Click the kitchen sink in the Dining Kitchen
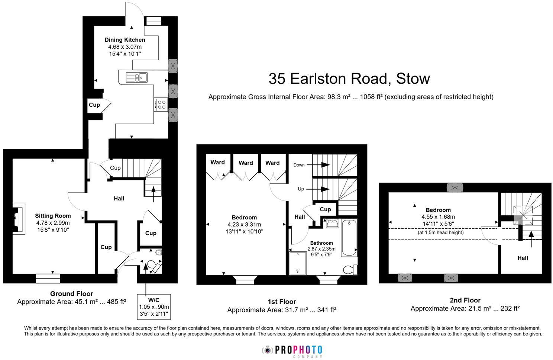[x=136, y=77]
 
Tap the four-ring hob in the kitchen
[x=161, y=105]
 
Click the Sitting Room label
[x=53, y=216]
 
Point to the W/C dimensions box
[x=154, y=307]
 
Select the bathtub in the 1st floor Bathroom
[x=349, y=238]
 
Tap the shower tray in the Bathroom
[x=298, y=263]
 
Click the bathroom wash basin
[x=332, y=223]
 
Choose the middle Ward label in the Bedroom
[x=246, y=163]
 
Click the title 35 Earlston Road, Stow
[x=349, y=78]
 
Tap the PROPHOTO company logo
[x=292, y=350]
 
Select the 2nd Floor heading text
[x=465, y=300]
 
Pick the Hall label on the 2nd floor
[x=523, y=258]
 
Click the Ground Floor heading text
[x=71, y=294]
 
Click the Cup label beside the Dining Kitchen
[x=94, y=105]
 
